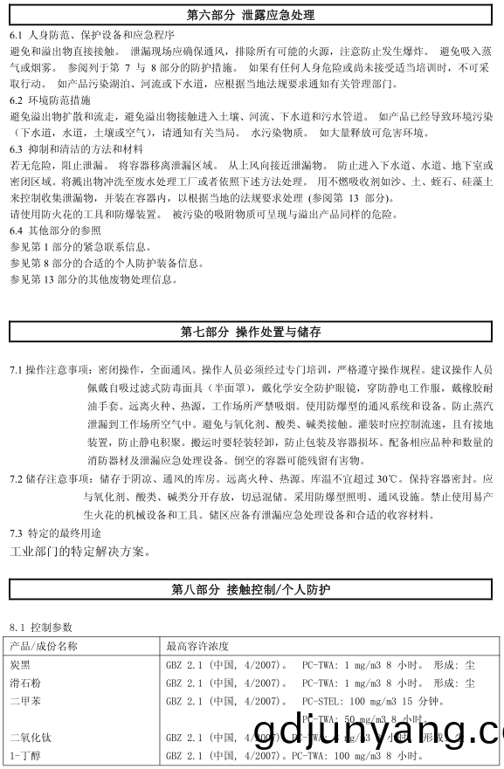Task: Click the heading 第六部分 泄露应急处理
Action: (x=251, y=16)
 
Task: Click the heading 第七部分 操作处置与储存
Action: (x=251, y=332)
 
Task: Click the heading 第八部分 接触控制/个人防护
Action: (x=251, y=590)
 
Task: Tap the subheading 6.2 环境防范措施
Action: (x=49, y=101)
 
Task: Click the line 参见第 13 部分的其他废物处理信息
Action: (x=93, y=279)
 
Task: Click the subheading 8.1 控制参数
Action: (x=41, y=628)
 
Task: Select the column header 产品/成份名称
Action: (x=44, y=646)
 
